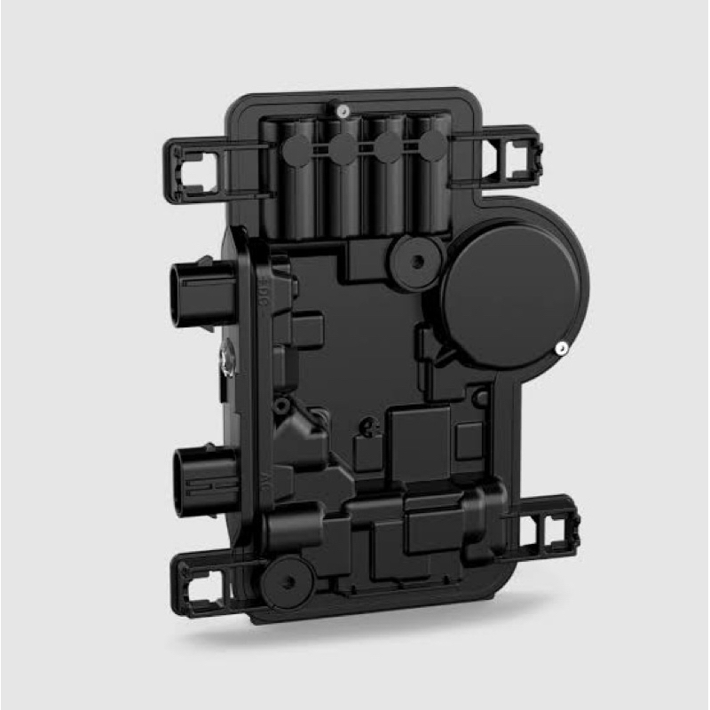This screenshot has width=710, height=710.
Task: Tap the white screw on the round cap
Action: pyautogui.click(x=561, y=349)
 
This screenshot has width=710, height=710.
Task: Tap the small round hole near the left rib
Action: pyautogui.click(x=281, y=407)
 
